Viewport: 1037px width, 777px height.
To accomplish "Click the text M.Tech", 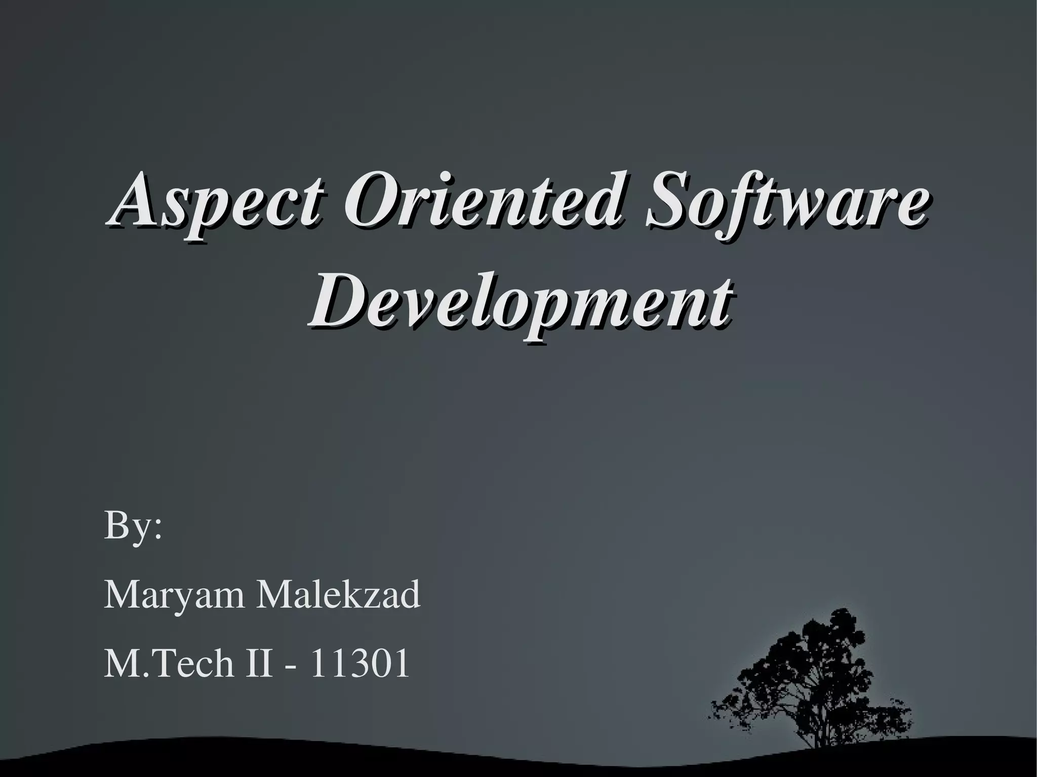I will coord(169,664).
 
